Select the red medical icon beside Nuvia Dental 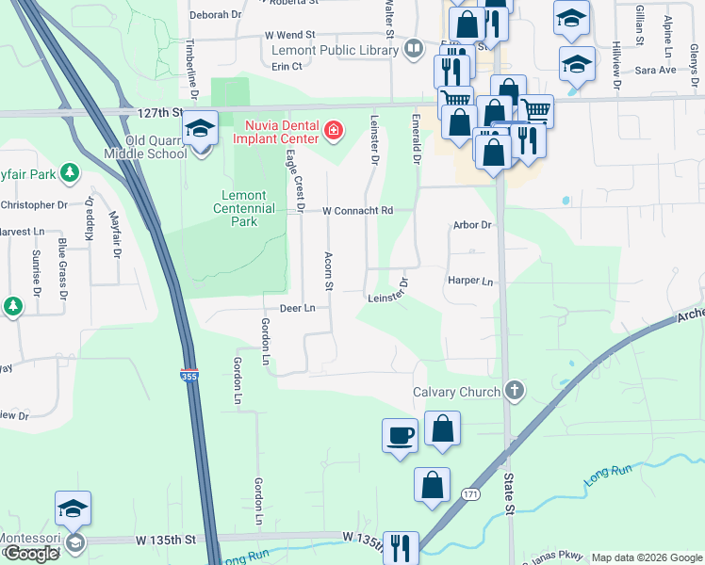333,129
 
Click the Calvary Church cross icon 515,390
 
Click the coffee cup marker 400,436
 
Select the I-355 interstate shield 189,374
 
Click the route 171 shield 469,493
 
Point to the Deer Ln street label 296,308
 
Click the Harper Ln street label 470,282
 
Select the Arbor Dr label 472,225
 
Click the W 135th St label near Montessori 165,540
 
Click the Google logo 31,554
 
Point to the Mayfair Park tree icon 68,172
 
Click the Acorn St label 329,270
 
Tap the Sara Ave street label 656,71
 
